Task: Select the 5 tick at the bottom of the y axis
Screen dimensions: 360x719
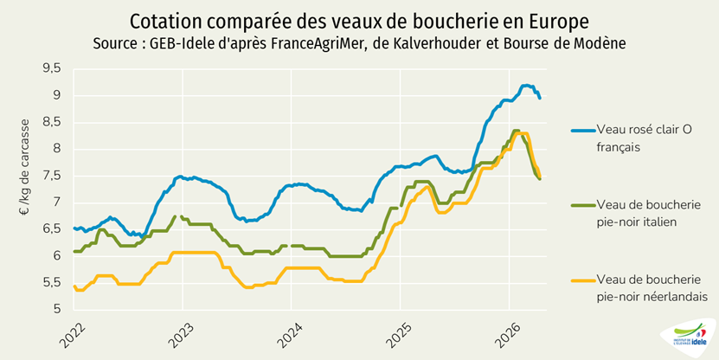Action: click(57, 309)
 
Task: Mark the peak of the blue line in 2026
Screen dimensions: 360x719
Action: click(525, 85)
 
